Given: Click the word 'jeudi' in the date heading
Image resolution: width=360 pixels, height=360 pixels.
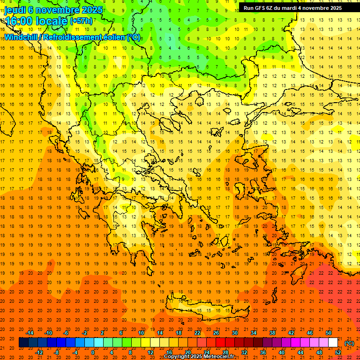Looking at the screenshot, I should [15, 10].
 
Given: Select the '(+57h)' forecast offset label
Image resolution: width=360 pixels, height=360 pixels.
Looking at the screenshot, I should [81, 21].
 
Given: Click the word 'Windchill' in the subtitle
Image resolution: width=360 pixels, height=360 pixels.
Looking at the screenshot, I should [21, 37].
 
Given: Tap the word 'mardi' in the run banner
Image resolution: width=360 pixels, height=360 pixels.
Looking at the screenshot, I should [295, 8].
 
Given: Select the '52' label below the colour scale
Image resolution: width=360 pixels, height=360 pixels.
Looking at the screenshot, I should [338, 352].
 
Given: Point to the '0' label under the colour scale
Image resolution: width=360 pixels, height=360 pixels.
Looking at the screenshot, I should [93, 352].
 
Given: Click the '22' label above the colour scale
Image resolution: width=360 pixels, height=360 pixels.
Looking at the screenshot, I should [197, 333].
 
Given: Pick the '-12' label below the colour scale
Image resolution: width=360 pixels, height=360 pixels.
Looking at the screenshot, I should [39, 352].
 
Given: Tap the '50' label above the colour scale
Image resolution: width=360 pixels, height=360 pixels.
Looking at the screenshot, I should [329, 333].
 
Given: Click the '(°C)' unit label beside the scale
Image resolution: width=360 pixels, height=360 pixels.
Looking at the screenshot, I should [349, 343].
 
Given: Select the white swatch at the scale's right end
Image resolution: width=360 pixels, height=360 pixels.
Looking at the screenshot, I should [333, 343].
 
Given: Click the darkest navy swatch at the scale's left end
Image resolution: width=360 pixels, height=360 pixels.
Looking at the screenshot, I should [23, 343].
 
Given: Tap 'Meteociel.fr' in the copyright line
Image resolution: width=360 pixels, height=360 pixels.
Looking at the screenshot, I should [218, 357].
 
